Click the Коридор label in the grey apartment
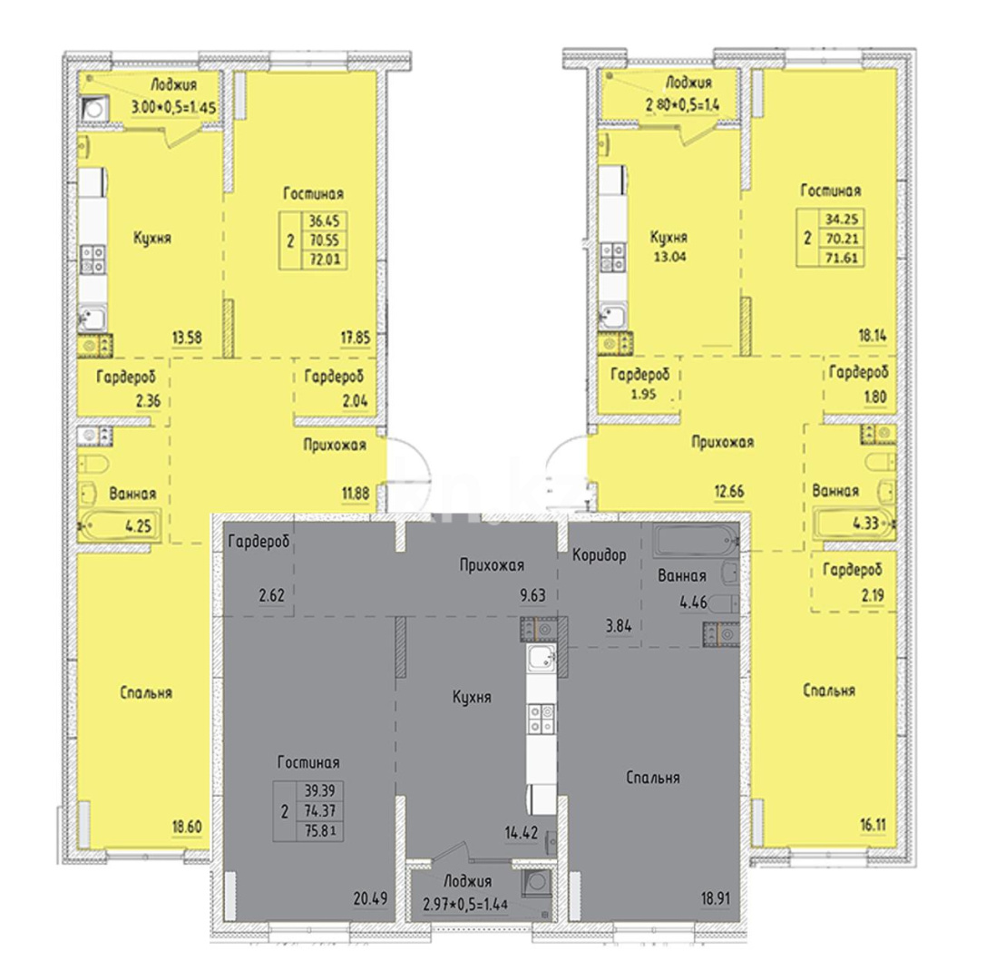[600, 557]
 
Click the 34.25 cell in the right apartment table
[832, 220]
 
